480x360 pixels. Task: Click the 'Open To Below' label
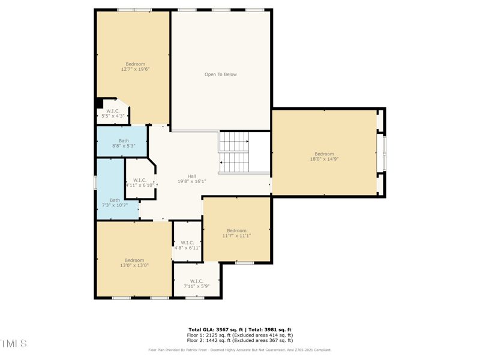coord(220,74)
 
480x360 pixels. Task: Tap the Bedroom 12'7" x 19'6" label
coord(135,67)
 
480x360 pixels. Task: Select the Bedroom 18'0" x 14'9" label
coord(324,157)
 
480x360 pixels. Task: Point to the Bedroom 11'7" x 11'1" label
coord(236,233)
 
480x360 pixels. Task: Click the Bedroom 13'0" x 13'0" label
coord(134,263)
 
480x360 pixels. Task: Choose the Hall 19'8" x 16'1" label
coord(191,179)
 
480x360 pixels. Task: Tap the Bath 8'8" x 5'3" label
coord(123,143)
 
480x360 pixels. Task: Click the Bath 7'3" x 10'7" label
coord(115,203)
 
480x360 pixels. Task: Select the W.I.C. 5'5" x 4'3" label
coord(113,113)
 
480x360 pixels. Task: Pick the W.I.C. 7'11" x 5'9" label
coord(196,284)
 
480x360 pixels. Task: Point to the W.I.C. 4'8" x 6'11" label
coord(187,245)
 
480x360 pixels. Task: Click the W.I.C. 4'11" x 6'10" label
coord(140,182)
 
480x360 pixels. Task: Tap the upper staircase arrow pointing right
coord(247,142)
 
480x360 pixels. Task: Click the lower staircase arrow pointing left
coord(221,162)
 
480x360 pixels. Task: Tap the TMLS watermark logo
coord(13,344)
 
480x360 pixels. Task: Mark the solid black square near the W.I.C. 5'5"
coord(100,103)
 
